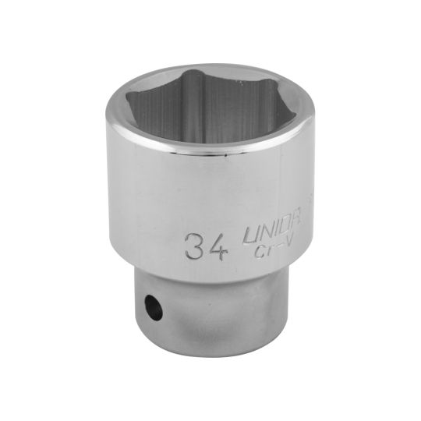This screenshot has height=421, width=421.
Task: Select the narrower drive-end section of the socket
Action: (211, 312)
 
